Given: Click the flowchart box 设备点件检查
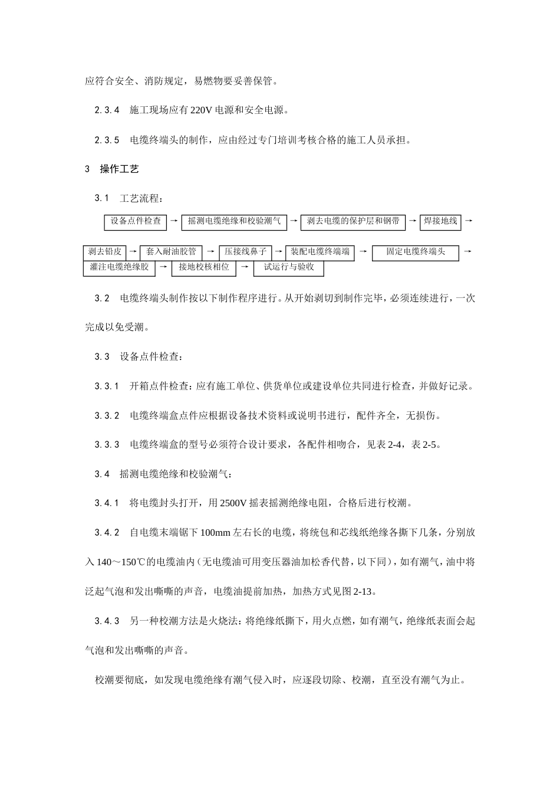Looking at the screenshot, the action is (136, 222).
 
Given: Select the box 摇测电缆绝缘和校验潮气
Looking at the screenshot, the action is (234, 222).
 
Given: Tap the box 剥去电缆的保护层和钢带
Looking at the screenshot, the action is (353, 222).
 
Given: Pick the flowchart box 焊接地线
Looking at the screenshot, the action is (440, 222).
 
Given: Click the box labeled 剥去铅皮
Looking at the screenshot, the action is (105, 252).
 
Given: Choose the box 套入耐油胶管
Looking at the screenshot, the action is (172, 252).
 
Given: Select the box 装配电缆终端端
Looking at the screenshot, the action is (320, 252).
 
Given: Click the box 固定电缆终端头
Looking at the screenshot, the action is (416, 253).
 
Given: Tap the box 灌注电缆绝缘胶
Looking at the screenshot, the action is (119, 267).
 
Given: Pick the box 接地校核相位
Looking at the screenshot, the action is (204, 267).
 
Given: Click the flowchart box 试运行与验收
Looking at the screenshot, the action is (289, 268).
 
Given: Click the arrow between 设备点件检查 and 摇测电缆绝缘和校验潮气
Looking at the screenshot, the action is (174, 221).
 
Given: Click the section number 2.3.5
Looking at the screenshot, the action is (107, 140).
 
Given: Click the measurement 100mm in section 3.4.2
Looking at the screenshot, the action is (216, 533).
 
